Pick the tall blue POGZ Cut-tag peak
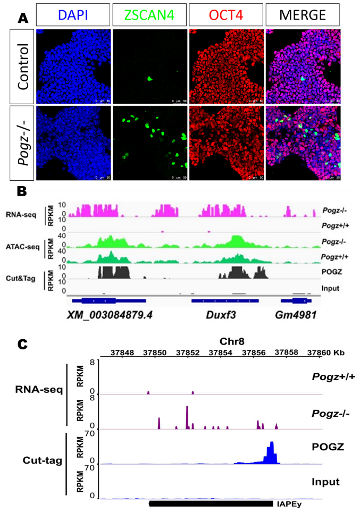271,452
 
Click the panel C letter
22,344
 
